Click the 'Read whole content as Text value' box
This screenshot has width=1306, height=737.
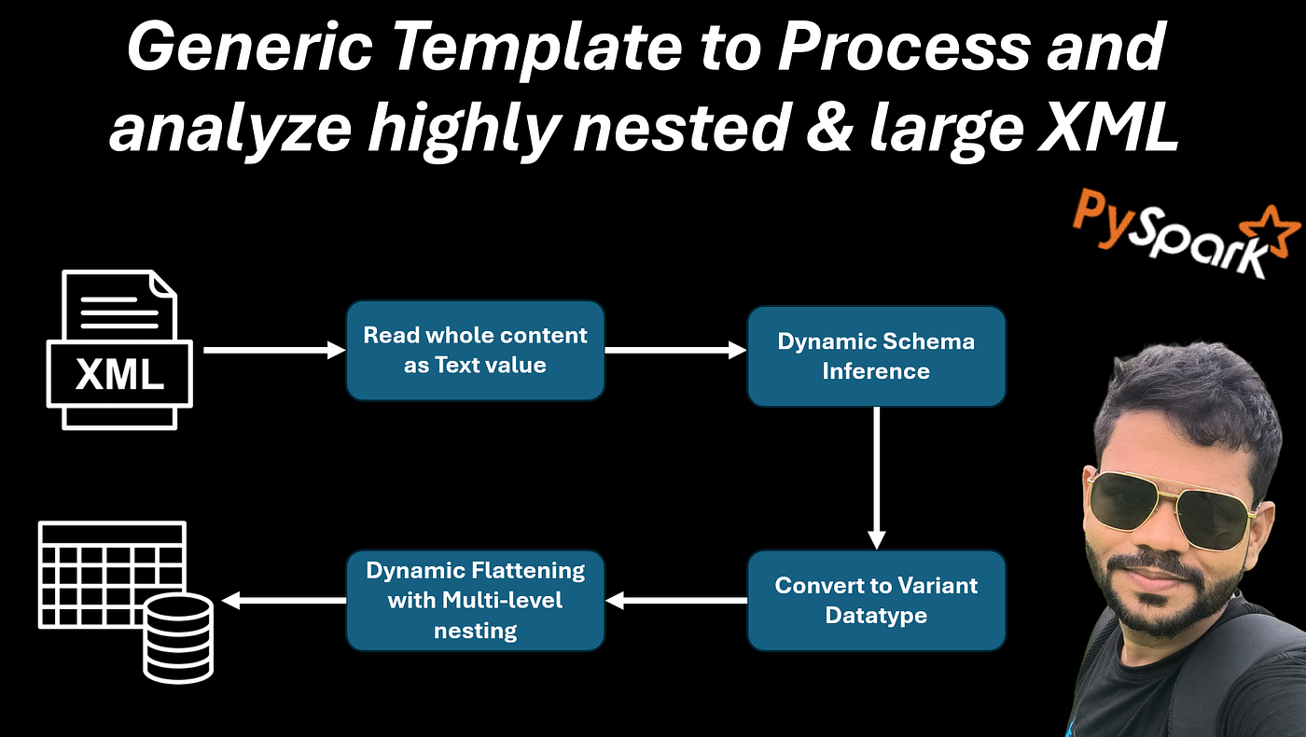475,350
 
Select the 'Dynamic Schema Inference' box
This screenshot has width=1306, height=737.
876,356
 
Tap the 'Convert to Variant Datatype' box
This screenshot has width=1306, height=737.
876,601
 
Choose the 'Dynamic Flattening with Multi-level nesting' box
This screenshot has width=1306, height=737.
475,601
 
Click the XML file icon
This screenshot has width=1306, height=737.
119,350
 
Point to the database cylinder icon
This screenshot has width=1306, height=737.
178,638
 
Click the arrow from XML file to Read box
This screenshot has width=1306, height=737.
274,350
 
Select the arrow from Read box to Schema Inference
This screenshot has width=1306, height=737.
675,350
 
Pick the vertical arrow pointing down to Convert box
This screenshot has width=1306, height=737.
876,478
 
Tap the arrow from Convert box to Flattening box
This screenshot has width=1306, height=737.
676,600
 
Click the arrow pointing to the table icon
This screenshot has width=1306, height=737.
284,600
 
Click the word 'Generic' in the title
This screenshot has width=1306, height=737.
250,47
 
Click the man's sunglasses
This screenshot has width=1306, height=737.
1170,508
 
